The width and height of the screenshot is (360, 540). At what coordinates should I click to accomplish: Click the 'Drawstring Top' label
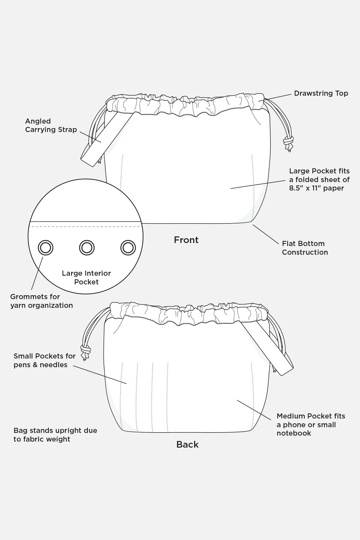point(321,93)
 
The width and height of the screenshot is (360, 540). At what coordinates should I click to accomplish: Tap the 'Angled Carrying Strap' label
point(51,125)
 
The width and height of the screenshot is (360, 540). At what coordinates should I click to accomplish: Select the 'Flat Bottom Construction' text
point(304,248)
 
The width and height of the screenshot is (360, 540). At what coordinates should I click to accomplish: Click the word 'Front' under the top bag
point(186,240)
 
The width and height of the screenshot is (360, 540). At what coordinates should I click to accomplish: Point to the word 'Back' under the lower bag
point(187,445)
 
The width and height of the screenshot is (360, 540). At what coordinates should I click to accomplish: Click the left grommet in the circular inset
point(46,248)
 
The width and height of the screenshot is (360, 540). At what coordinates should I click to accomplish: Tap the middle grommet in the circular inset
point(87,248)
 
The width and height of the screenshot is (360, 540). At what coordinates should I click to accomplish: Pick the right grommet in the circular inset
point(128,248)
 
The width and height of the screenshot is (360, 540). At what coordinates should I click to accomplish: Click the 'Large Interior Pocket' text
point(86,277)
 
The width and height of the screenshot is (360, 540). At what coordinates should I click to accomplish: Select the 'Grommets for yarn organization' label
point(41,301)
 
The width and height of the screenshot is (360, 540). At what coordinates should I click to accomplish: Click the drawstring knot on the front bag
point(288,141)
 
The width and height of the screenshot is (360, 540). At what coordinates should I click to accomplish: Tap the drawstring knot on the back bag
point(85,350)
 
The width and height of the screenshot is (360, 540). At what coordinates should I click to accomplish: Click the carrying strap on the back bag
point(267,348)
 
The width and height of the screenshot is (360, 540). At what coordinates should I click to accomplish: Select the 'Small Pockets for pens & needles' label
point(44,360)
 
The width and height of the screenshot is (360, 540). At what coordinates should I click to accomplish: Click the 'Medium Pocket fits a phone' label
point(310,424)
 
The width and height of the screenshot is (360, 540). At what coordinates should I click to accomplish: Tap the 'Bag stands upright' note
point(55,435)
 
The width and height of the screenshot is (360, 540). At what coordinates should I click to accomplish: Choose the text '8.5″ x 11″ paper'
point(316,188)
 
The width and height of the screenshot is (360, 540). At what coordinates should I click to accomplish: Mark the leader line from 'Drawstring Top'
point(276,97)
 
